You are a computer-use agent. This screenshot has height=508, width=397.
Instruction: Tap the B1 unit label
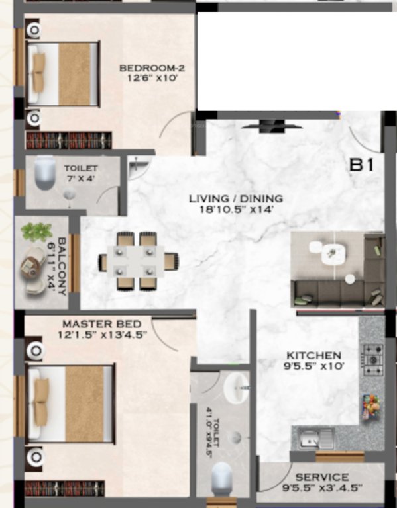(x=362, y=165)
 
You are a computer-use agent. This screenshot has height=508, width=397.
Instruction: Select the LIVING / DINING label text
(x=235, y=198)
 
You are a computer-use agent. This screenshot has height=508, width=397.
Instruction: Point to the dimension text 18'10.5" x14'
(x=235, y=210)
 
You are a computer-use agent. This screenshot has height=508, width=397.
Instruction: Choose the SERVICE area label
(x=322, y=477)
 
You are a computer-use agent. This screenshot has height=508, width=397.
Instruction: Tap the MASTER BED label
(x=101, y=324)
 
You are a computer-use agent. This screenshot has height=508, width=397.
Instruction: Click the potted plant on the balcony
(x=36, y=232)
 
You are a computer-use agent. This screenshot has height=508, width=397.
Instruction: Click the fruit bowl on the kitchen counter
(x=371, y=405)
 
